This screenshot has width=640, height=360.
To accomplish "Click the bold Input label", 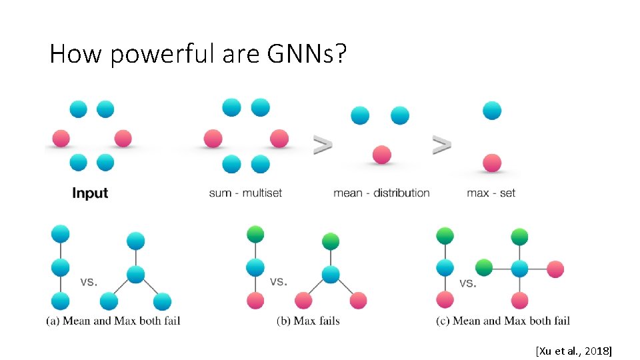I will [90, 193].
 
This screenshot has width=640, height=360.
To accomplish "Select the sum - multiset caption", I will [245, 193].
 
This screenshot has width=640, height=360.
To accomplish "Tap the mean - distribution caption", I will [381, 193].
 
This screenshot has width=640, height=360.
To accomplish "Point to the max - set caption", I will [491, 193].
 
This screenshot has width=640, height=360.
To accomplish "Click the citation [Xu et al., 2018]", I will [573, 351].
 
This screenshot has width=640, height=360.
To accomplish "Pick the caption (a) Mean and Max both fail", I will [113, 321].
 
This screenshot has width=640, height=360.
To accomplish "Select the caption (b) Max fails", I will [308, 321].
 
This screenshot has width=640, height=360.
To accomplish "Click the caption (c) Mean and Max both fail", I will [503, 321].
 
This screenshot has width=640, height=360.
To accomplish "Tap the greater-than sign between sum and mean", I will [323, 144].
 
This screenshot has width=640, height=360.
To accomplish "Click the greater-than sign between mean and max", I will [441, 144].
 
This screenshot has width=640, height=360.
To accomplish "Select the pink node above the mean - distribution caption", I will [381, 155].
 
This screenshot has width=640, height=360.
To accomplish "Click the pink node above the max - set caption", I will [492, 163].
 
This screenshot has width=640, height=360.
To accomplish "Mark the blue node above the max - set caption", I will [492, 111].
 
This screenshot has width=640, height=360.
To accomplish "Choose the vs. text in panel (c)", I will [469, 283].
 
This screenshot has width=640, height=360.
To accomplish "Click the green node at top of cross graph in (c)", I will [520, 237].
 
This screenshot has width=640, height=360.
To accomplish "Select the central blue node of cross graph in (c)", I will [520, 269].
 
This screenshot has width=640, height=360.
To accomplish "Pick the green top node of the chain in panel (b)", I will [255, 235].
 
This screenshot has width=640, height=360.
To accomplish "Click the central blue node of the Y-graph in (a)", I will [136, 274].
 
